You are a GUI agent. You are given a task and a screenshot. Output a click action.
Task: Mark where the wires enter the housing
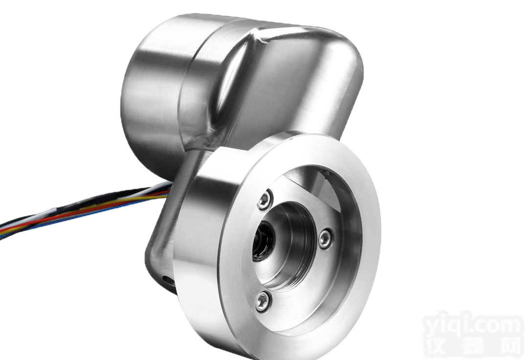[x=169, y=188]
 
